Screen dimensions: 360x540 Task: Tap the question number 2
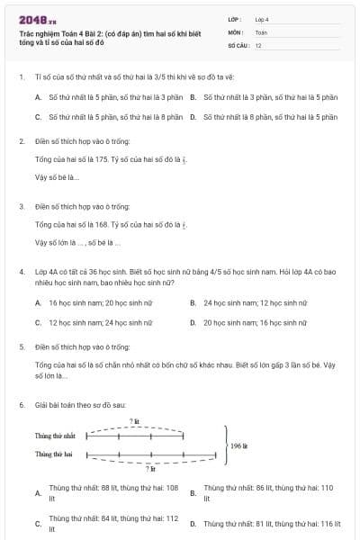(x=22, y=141)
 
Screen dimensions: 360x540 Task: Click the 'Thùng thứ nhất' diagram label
(x=56, y=436)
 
